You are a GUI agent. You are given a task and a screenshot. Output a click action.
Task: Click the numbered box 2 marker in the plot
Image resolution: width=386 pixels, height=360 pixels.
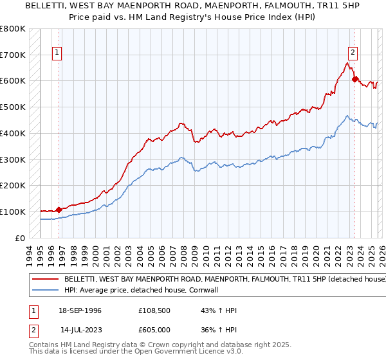353,53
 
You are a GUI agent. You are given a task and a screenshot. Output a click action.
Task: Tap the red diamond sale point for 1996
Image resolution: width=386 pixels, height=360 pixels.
59,209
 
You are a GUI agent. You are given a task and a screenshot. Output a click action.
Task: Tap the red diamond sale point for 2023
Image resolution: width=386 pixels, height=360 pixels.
354,80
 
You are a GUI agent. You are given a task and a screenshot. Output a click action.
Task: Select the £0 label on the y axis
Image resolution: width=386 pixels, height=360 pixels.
19,238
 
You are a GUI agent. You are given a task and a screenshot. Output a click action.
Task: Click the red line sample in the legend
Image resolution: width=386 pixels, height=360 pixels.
45,280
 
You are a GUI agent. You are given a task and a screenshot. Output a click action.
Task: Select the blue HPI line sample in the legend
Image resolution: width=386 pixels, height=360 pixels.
45,291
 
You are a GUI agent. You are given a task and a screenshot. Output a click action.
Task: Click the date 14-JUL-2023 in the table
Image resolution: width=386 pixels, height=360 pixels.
80,330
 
